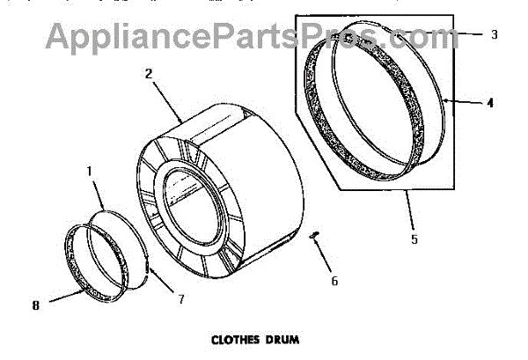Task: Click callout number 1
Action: click(90, 165)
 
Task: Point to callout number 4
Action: click(490, 102)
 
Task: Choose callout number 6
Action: click(334, 282)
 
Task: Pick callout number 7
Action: click(180, 299)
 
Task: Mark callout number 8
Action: click(36, 305)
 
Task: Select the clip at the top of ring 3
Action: click(356, 40)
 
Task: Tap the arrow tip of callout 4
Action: click(445, 102)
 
